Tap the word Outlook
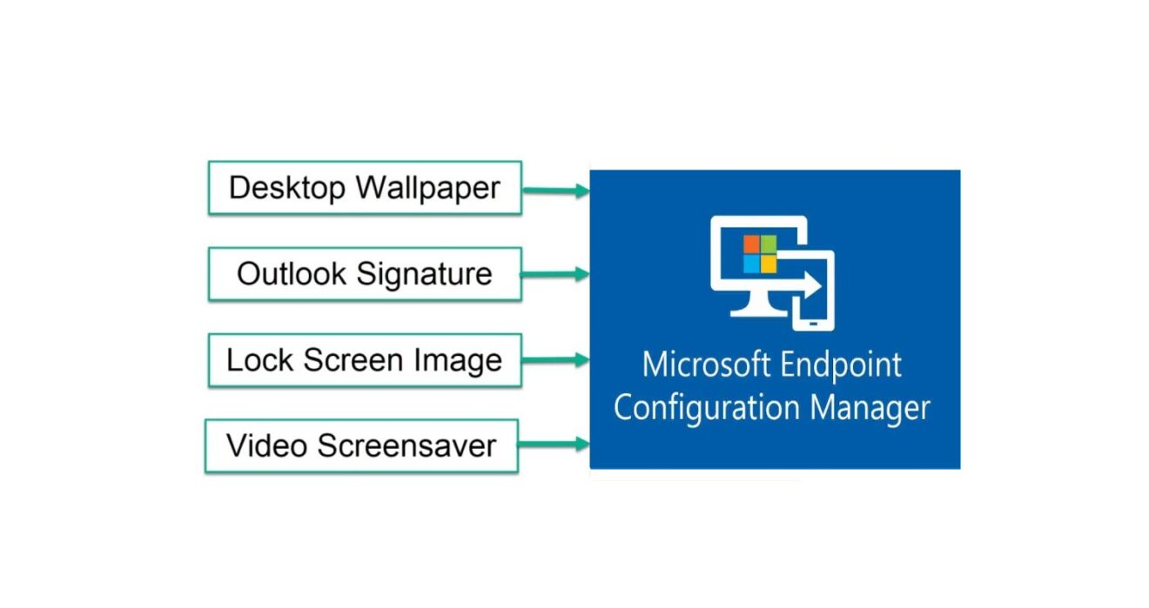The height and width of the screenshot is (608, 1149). tap(292, 274)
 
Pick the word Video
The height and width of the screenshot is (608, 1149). tap(267, 446)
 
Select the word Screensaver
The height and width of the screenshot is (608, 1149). tap(407, 446)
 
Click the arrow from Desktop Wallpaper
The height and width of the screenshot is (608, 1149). tap(555, 190)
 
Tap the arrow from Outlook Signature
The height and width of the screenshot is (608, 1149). tap(555, 274)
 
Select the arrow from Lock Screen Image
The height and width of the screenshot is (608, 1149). tap(555, 359)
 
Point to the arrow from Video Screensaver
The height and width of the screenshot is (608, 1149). tap(554, 444)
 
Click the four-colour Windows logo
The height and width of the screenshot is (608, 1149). tap(759, 253)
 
